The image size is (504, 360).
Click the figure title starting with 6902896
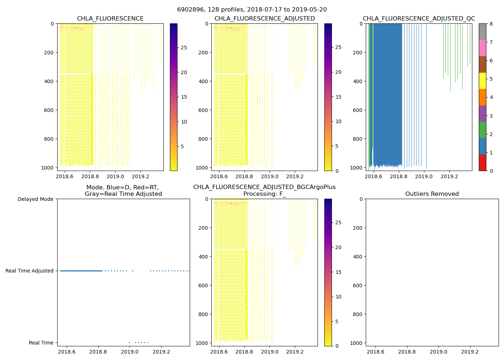(x=252, y=10)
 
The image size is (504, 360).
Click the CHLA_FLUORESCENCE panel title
(x=110, y=19)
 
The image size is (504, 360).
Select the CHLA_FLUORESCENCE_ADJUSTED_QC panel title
(x=419, y=19)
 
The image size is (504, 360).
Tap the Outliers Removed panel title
(x=432, y=194)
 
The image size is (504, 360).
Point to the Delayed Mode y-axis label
(x=35, y=199)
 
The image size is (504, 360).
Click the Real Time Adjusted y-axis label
(x=30, y=271)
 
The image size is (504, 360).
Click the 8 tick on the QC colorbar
(x=491, y=24)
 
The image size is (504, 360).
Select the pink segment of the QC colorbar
(x=482, y=48)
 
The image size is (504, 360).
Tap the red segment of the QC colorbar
(x=482, y=162)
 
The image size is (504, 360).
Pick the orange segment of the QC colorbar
(x=482, y=97)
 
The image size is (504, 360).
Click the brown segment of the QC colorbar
(x=482, y=64)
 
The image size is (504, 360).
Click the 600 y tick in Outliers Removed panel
(x=357, y=285)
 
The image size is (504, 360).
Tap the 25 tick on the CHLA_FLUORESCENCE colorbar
(x=184, y=48)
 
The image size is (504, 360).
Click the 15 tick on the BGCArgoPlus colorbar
(x=338, y=272)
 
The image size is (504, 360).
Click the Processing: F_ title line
(x=264, y=194)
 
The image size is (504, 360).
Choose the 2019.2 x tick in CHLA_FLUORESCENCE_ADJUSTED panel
(x=295, y=177)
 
